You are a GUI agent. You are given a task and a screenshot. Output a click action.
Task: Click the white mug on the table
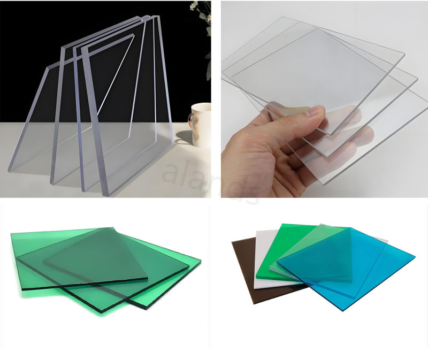202,124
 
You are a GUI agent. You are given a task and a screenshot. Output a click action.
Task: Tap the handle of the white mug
194,121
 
